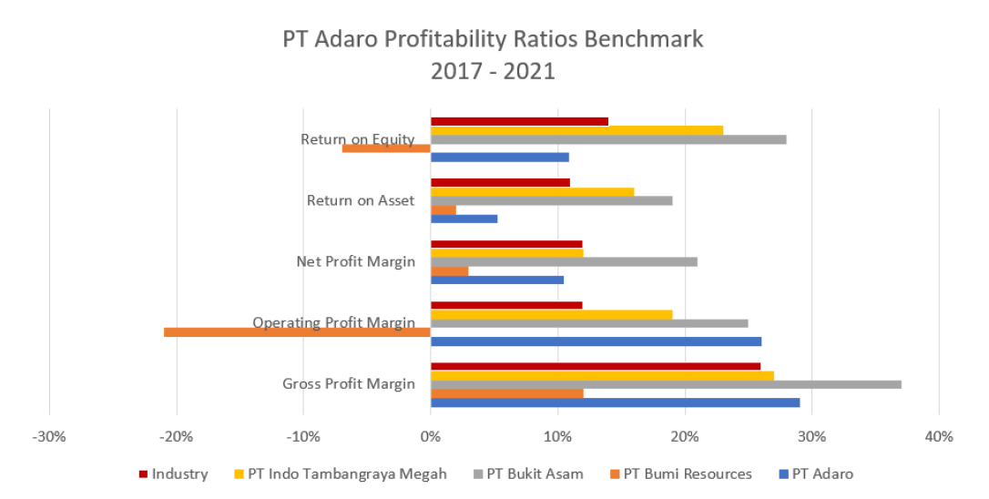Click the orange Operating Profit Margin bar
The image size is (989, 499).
point(297,332)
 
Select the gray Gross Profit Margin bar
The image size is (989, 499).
point(666,384)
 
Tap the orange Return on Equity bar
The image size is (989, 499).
point(386,148)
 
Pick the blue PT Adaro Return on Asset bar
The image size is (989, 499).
point(464,219)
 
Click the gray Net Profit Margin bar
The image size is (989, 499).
point(564,261)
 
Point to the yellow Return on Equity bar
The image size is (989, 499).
point(576,130)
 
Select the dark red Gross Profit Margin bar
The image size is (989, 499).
point(596,366)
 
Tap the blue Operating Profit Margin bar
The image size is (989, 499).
point(596,341)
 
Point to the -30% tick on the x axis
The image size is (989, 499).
point(48,436)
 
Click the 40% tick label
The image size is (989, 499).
point(938,436)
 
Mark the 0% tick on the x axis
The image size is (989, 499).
point(430,436)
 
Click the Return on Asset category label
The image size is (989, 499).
point(361,200)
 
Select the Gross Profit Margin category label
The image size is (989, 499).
point(349,383)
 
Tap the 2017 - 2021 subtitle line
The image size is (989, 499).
point(493,71)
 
